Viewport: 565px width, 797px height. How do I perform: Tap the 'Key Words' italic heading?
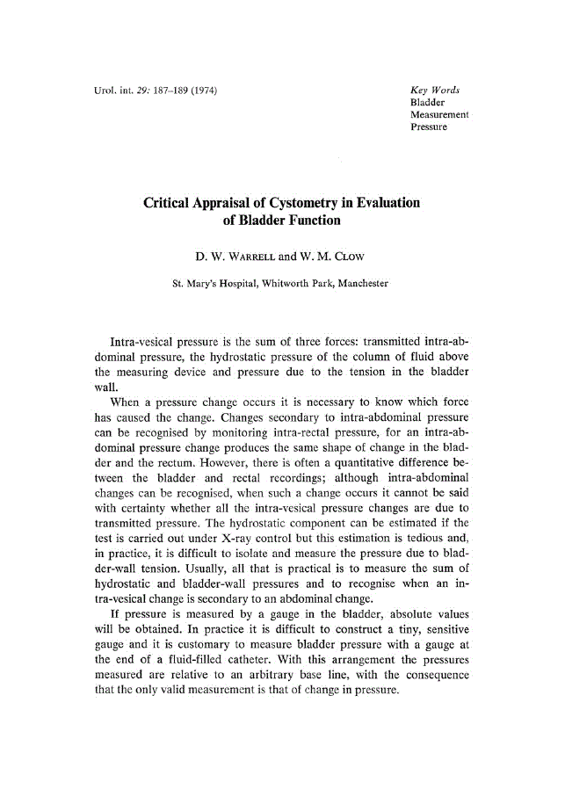point(435,91)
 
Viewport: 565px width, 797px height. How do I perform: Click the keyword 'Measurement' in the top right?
point(438,115)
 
